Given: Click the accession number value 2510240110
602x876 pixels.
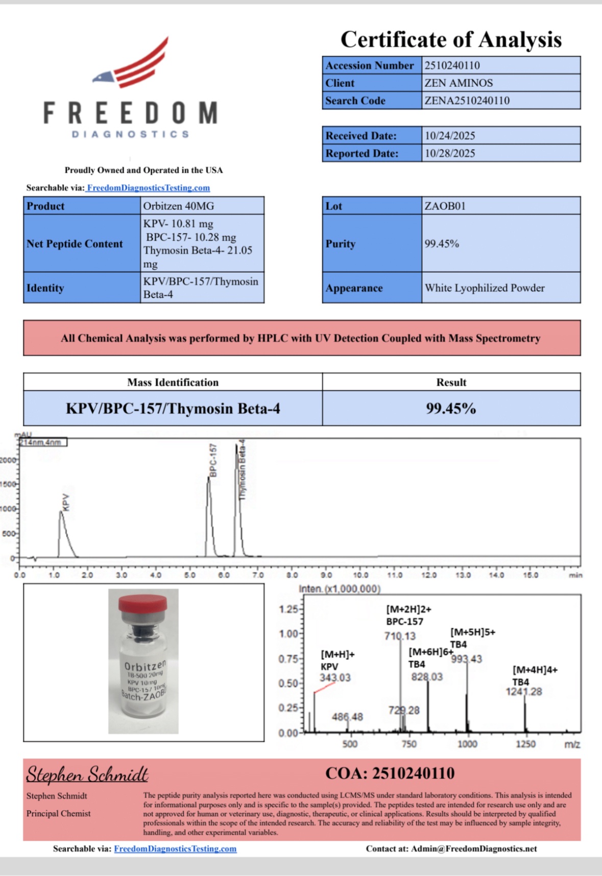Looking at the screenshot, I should [x=452, y=65].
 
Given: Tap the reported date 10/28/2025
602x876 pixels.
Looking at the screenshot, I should [x=450, y=153].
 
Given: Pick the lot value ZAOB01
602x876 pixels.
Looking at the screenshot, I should [x=445, y=206].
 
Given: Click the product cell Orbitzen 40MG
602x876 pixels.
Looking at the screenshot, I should [x=178, y=206].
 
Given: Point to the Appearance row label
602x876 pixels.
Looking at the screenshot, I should [x=354, y=288].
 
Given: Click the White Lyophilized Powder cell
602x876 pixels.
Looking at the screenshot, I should [x=485, y=288].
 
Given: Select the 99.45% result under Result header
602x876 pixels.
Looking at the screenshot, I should [x=451, y=408].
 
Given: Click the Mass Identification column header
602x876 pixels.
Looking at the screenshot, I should [x=173, y=382].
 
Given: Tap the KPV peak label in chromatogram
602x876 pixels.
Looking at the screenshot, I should [x=65, y=502].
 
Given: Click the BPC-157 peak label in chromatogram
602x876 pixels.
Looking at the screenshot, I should [x=213, y=461].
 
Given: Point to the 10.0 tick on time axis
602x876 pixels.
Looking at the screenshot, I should [x=360, y=575].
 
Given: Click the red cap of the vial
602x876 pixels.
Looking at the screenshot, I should [x=143, y=603].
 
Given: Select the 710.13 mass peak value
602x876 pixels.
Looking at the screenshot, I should [x=400, y=636].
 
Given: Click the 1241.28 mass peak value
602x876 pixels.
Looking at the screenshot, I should [x=524, y=692].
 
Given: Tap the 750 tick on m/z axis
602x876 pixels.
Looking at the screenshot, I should [x=408, y=744].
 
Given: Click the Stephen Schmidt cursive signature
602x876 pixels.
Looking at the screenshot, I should [x=87, y=775].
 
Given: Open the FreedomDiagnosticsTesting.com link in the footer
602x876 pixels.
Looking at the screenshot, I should [x=175, y=848].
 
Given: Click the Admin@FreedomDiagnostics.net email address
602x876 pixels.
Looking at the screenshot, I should [x=474, y=848].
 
